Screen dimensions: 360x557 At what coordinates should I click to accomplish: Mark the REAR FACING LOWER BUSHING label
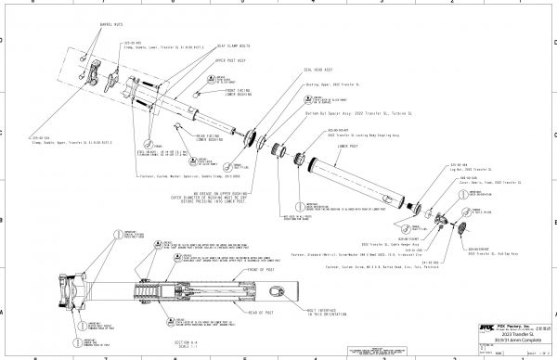pyautogui.click(x=214, y=139)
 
